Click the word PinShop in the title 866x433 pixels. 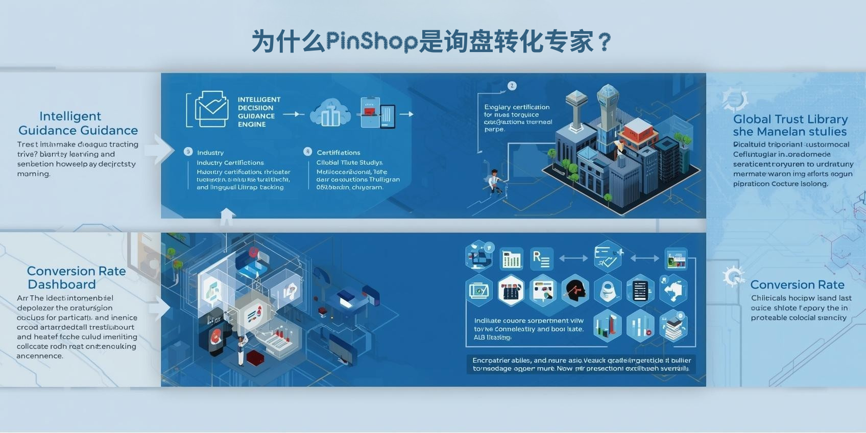click(x=372, y=41)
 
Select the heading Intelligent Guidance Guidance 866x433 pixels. click(x=78, y=123)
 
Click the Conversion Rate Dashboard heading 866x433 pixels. click(x=76, y=278)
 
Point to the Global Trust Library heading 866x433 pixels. click(x=790, y=119)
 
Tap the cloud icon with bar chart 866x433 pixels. click(x=331, y=113)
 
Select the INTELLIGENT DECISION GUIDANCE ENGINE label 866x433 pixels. click(x=258, y=112)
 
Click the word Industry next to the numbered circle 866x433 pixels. click(x=210, y=153)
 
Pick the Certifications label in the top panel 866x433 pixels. click(x=338, y=153)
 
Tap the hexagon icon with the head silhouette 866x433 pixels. click(x=575, y=290)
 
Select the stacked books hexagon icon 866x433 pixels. click(x=673, y=326)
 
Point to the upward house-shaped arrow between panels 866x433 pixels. click(x=227, y=216)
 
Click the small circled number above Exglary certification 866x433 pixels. click(x=512, y=86)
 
